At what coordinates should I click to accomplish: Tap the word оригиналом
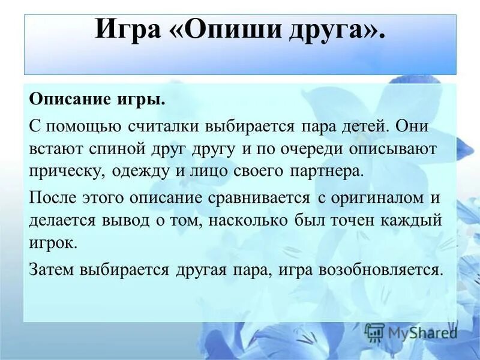(x=368, y=199)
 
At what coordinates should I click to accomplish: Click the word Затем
(x=52, y=269)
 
